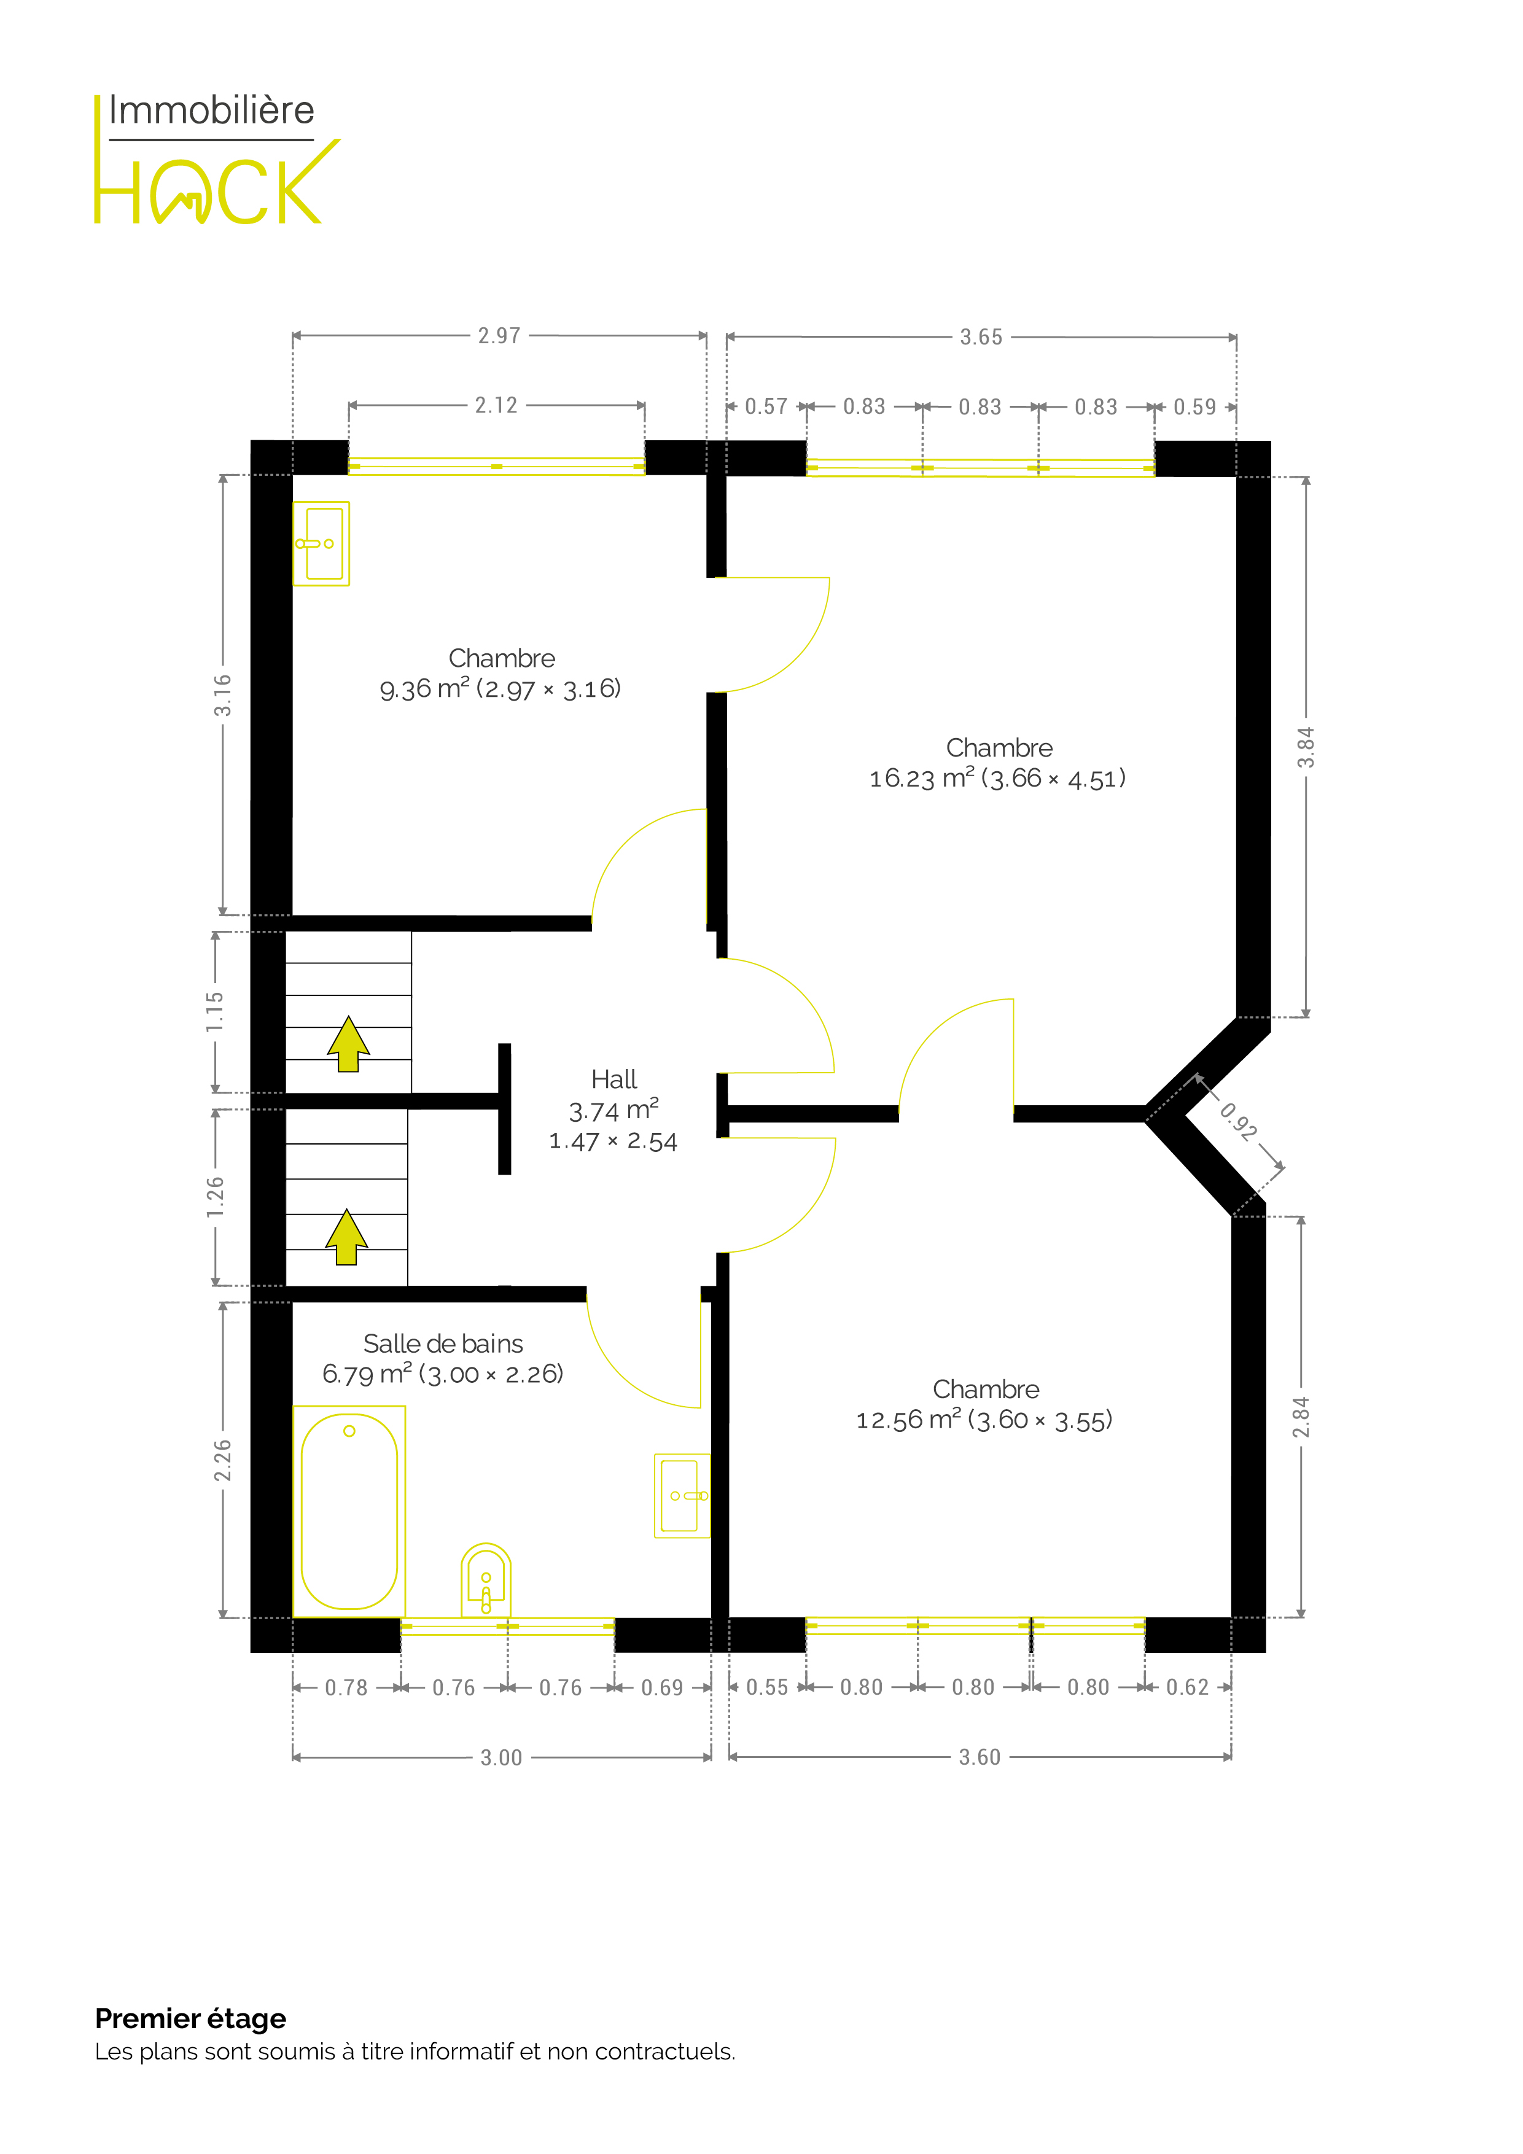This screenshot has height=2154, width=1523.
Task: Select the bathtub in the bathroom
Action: click(349, 1511)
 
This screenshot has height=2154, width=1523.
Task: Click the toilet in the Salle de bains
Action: click(486, 1580)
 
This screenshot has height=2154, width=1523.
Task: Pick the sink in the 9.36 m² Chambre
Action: click(321, 543)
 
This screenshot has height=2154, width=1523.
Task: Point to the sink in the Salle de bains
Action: click(682, 1495)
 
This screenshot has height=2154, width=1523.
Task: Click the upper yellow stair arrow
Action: click(348, 1043)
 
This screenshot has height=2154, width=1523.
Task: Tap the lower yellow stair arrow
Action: click(346, 1237)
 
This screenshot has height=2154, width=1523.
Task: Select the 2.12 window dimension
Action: click(496, 405)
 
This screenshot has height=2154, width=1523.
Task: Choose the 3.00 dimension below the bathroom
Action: click(501, 1757)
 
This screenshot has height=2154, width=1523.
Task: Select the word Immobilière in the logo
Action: click(211, 111)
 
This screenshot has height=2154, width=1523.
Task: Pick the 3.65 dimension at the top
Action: click(981, 337)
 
